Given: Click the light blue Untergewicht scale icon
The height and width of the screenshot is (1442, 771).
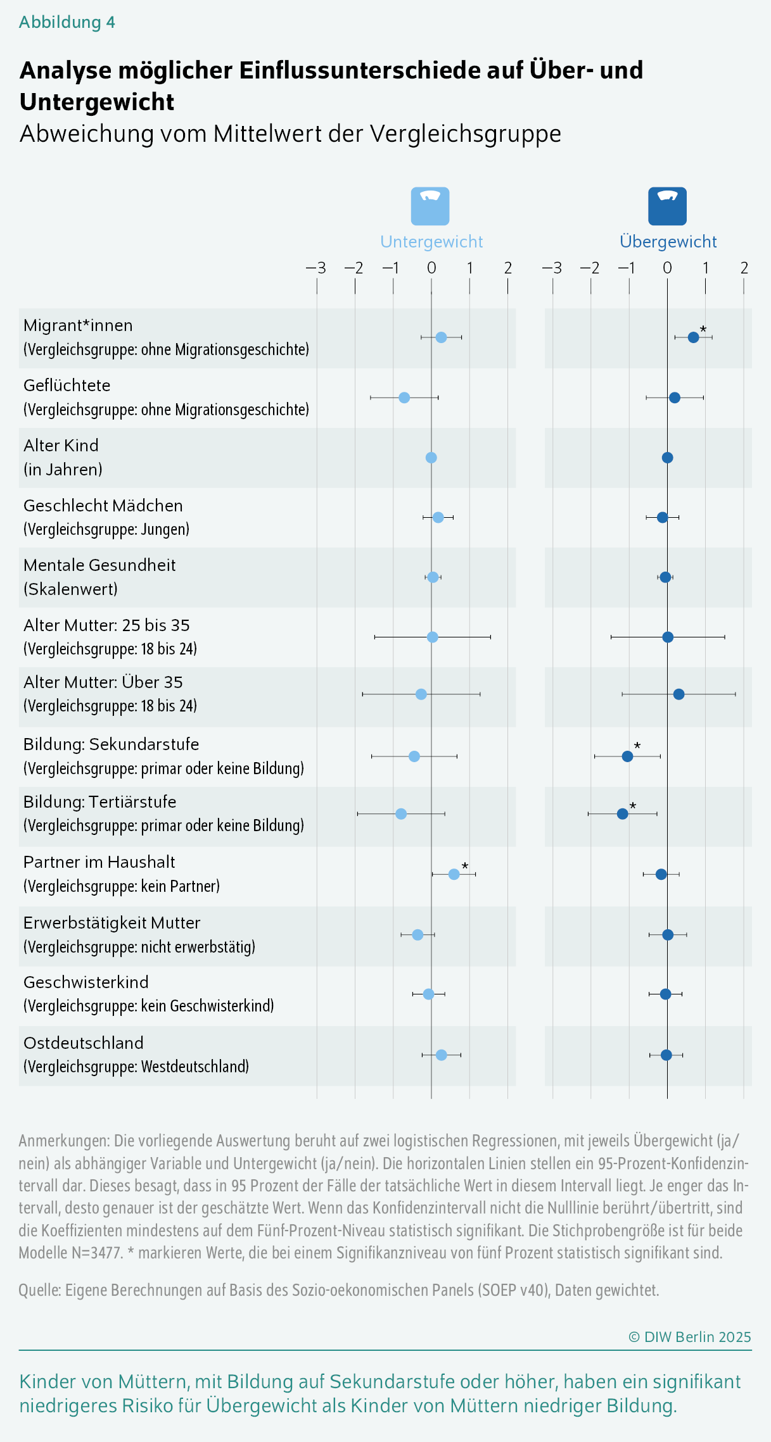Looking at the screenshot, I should pyautogui.click(x=430, y=206).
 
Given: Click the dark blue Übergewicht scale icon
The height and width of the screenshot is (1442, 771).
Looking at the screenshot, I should pyautogui.click(x=667, y=206).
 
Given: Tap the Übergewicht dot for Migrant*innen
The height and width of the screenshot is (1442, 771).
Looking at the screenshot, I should pyautogui.click(x=693, y=337).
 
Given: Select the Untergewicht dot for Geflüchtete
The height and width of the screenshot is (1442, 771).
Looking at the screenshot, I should pyautogui.click(x=404, y=398).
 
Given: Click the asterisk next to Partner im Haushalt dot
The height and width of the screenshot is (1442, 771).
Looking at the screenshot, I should pyautogui.click(x=465, y=866).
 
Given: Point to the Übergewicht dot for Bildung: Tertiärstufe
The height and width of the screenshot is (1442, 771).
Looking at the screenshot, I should pyautogui.click(x=622, y=813).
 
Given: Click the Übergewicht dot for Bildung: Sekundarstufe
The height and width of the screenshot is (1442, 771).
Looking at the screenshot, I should pyautogui.click(x=627, y=756).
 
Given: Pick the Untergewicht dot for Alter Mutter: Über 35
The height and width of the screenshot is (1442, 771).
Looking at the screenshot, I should pyautogui.click(x=421, y=694).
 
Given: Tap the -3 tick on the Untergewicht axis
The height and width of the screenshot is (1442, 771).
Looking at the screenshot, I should pyautogui.click(x=316, y=268).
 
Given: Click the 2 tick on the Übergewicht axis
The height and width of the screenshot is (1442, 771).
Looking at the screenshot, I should pyautogui.click(x=744, y=268).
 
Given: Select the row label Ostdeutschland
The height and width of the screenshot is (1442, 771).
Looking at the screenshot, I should pyautogui.click(x=84, y=1043).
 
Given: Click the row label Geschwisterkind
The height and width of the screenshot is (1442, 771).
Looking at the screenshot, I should pyautogui.click(x=86, y=982).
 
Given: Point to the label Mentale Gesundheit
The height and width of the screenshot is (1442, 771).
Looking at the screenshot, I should pyautogui.click(x=99, y=565).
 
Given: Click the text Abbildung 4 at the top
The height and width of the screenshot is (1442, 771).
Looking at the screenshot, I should pyautogui.click(x=67, y=22).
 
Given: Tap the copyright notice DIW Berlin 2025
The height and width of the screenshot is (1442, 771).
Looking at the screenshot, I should pyautogui.click(x=689, y=1337).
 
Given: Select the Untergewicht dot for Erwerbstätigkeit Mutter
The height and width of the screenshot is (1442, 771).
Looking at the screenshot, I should pyautogui.click(x=417, y=935).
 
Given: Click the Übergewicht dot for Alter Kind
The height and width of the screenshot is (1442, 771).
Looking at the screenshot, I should pyautogui.click(x=667, y=458).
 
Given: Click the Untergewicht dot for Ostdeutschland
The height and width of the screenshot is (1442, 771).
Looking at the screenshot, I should pyautogui.click(x=442, y=1055).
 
